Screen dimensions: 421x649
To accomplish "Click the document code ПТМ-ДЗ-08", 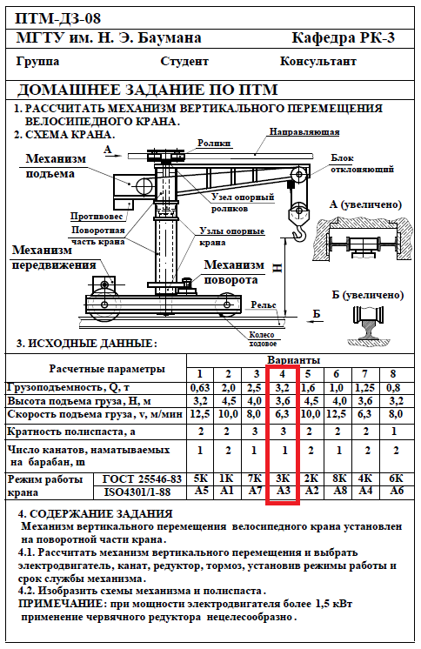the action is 57,18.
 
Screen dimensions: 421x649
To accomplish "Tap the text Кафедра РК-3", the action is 344,37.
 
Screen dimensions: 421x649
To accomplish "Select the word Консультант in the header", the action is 317,61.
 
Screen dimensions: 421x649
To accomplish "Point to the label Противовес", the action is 97,216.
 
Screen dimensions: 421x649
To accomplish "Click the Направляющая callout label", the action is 304,132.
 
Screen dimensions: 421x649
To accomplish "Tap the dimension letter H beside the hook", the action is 277,268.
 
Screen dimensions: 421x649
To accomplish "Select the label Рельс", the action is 264,304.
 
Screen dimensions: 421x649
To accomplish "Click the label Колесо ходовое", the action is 262,339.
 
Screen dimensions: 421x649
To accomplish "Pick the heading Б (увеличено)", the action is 368,295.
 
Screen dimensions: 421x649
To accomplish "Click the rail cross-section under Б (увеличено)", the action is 369,325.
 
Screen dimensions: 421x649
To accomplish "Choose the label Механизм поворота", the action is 234,272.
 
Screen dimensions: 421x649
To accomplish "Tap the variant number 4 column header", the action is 283,374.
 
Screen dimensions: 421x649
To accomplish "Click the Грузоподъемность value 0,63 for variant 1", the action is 200,388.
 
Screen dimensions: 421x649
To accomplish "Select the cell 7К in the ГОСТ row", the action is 255,478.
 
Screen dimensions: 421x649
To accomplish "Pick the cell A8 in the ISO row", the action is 339,491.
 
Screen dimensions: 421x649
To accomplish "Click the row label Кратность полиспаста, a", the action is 71,432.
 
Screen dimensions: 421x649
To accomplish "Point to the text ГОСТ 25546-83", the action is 142,478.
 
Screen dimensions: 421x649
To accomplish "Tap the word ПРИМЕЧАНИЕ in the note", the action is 63,604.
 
